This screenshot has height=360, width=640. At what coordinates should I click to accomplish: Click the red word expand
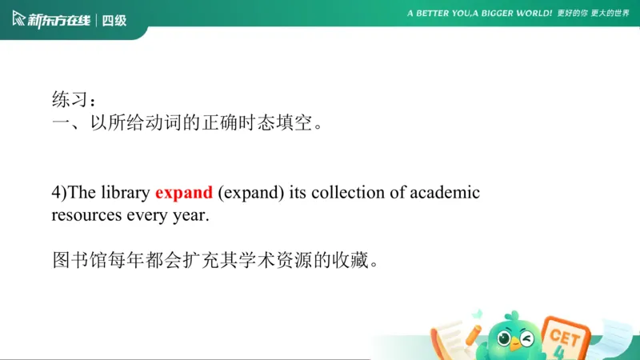184,193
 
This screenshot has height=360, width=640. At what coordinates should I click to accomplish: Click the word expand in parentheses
250,193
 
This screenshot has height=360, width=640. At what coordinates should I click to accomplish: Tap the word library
124,193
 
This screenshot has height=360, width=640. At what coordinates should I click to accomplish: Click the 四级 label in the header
114,20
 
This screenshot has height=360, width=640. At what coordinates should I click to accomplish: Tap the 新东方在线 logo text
58,20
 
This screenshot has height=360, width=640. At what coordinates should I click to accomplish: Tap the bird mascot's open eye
505,338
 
